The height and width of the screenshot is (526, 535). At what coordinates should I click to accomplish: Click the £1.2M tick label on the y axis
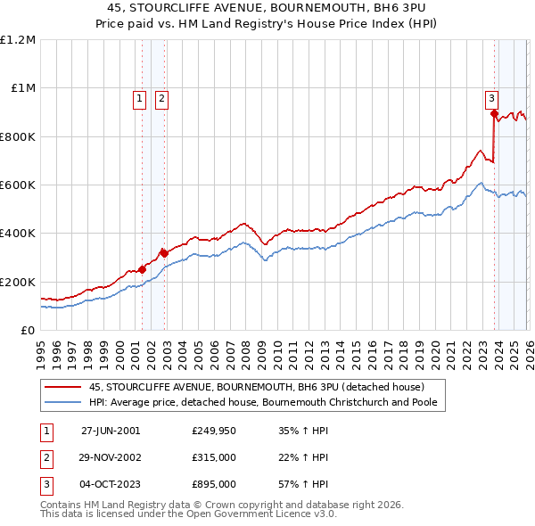tap(18, 40)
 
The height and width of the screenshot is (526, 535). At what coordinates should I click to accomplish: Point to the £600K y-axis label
tap(18, 185)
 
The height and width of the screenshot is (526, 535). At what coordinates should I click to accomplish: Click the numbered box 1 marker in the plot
tap(141, 100)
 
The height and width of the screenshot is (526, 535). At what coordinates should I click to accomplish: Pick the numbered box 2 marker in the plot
tap(161, 100)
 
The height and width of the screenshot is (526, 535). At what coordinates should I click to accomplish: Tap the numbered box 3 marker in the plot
tap(491, 100)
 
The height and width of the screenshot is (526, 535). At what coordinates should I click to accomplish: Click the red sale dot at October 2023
tap(494, 113)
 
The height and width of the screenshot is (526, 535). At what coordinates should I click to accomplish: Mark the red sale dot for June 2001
tap(143, 269)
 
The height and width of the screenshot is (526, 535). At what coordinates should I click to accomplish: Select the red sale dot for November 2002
tap(164, 253)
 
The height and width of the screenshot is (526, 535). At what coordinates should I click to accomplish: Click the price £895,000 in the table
tap(213, 484)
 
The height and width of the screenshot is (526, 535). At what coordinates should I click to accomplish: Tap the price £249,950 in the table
tap(213, 431)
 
